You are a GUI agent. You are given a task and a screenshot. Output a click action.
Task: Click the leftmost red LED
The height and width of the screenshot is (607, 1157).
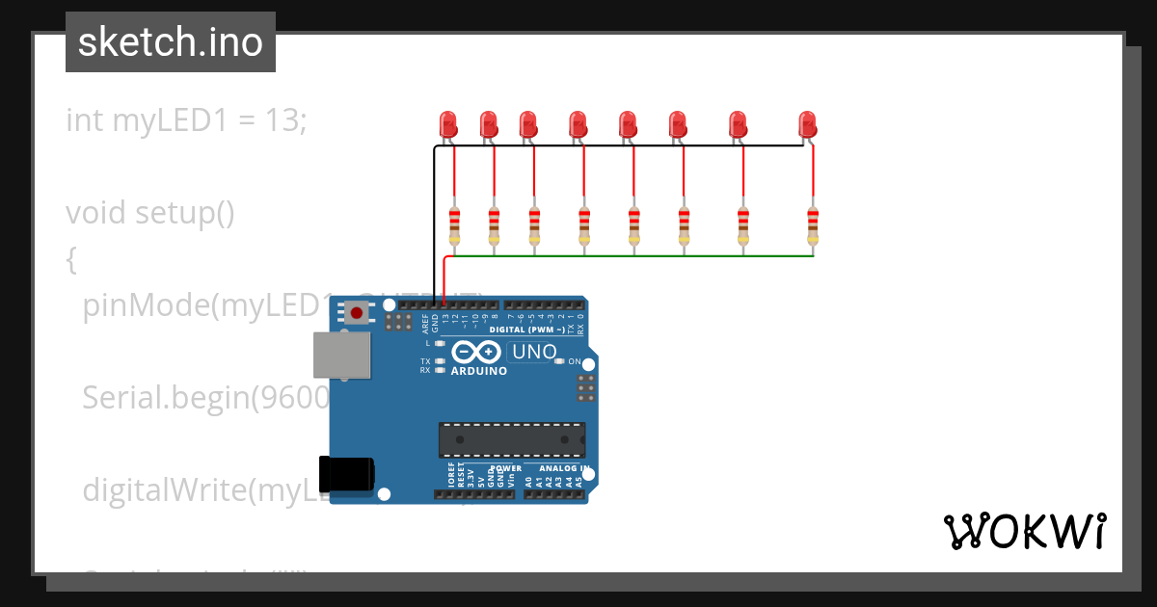[448, 123]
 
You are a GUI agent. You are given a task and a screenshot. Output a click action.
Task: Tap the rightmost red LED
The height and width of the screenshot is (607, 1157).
[807, 123]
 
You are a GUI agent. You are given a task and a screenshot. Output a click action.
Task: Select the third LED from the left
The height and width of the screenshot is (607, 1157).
[527, 123]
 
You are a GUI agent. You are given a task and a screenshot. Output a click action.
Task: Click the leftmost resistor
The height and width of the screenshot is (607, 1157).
[454, 225]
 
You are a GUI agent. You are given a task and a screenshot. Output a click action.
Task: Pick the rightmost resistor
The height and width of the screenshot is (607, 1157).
[813, 225]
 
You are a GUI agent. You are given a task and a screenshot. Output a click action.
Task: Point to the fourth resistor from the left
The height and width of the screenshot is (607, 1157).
[583, 225]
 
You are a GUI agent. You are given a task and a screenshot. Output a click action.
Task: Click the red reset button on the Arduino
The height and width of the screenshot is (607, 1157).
[357, 312]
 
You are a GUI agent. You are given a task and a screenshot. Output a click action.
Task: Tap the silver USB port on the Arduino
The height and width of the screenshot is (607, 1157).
[341, 356]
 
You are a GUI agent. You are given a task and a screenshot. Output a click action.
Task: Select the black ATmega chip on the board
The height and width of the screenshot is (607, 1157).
[511, 439]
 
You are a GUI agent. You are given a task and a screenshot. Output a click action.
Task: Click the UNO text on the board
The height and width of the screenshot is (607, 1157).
[534, 352]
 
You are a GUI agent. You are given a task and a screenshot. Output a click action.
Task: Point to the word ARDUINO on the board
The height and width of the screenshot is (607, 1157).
[479, 371]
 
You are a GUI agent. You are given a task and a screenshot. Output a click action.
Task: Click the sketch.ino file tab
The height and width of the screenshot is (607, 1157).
[171, 42]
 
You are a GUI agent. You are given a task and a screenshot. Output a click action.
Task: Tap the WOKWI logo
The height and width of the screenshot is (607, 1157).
[1024, 531]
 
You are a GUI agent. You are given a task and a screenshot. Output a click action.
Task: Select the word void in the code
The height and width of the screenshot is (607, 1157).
[96, 212]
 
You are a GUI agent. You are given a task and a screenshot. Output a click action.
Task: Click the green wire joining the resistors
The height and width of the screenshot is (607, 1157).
[627, 256]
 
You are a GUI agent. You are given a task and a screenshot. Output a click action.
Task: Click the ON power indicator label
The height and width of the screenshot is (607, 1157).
[575, 361]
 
